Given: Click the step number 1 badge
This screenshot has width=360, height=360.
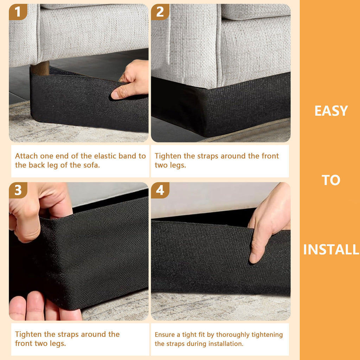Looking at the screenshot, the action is (18, 12).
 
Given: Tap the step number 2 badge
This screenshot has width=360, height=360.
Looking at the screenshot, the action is (160, 12).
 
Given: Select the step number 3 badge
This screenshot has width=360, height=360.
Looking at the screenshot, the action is (18, 190).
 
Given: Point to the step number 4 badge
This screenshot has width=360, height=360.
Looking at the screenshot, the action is (160, 190).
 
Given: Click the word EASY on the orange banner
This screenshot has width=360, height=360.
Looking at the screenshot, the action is (331, 111).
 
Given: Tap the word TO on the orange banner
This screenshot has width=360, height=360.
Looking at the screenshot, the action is (331, 180).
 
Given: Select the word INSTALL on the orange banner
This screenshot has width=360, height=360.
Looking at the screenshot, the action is (331, 250).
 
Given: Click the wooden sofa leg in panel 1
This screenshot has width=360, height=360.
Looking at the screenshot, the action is (40, 68).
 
